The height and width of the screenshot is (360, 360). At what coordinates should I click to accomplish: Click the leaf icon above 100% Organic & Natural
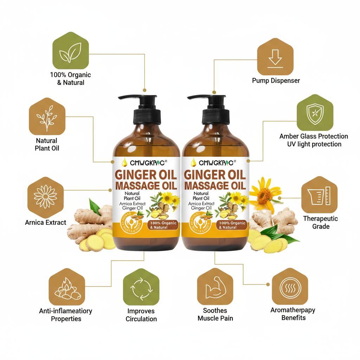pyautogui.click(x=70, y=50)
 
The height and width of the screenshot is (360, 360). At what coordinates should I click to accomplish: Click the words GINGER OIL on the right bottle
pyautogui.click(x=215, y=175)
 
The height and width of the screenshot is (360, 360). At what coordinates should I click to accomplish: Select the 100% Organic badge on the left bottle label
pyautogui.click(x=163, y=225)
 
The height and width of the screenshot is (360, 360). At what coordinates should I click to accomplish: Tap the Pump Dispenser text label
pyautogui.click(x=276, y=81)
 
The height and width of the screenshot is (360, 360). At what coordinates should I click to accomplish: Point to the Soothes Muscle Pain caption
pyautogui.click(x=215, y=314)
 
